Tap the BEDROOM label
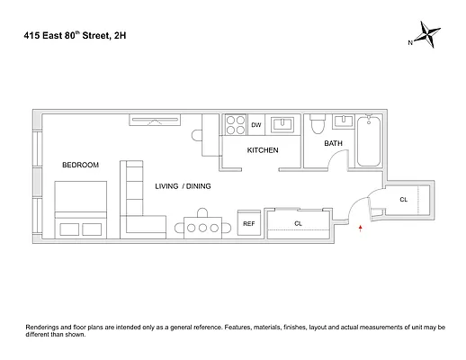pos(80,165)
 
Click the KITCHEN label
pos(263,149)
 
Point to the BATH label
pos(333,143)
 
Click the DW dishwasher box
pos(256,125)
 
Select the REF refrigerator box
pos(249,224)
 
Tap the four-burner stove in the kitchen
pos(236,124)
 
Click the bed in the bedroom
pos(82,209)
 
